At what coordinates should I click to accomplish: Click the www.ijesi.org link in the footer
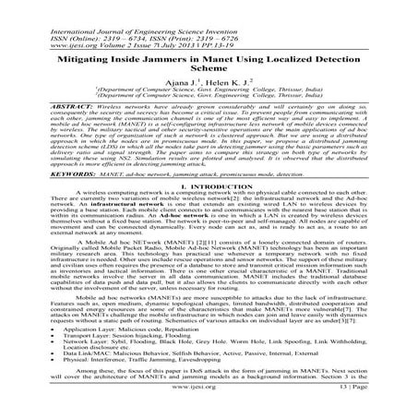point(209,406)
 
